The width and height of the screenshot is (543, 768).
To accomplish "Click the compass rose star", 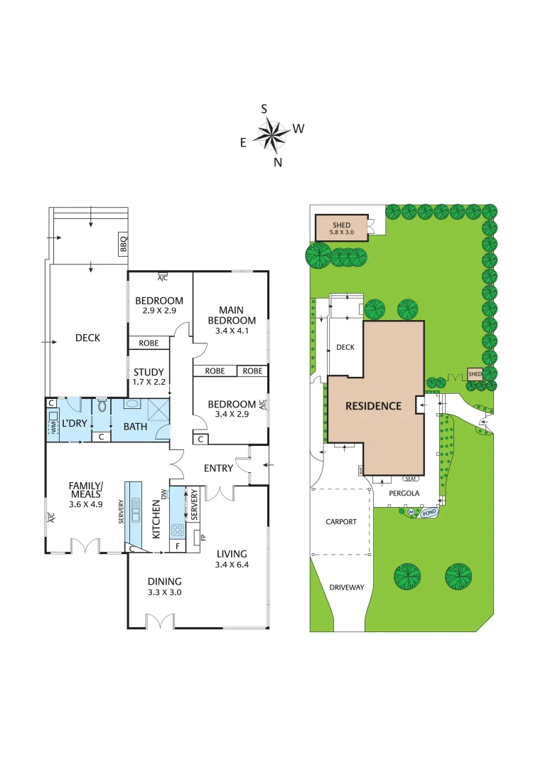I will (271, 135).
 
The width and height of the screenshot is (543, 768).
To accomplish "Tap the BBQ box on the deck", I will (123, 244).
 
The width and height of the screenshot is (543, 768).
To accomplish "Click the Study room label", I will (149, 372).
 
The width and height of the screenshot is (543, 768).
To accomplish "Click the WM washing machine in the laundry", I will (53, 427).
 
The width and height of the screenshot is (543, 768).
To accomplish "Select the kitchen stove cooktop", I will (176, 529).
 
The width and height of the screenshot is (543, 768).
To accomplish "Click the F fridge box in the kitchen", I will (177, 546).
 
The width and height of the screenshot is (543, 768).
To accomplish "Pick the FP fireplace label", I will (203, 537).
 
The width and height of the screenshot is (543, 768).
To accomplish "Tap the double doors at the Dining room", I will (160, 622).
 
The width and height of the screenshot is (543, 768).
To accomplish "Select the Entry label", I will (217, 468).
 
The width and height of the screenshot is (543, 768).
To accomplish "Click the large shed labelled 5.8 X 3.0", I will (341, 228).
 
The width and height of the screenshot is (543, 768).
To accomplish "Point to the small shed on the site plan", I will (474, 374).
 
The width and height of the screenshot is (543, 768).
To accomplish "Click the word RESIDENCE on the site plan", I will (373, 406).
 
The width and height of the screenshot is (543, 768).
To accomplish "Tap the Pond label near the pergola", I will (428, 512).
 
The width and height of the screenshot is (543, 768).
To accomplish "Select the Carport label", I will (340, 521).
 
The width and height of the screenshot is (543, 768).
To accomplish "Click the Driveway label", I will (346, 587).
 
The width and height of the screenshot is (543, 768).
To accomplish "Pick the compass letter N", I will (278, 162).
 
